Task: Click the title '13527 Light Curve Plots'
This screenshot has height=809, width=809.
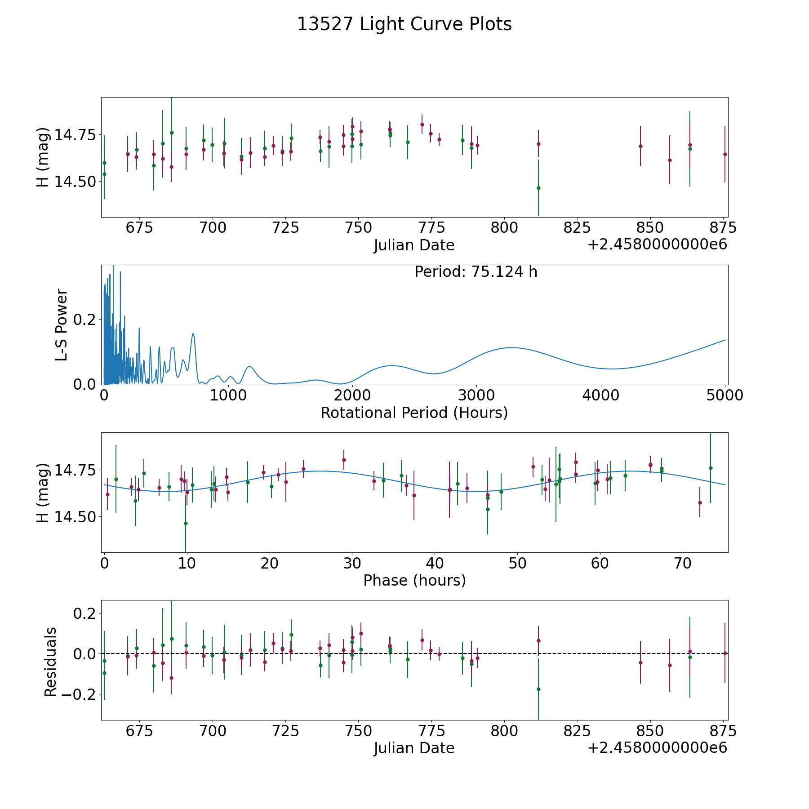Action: [x=404, y=24]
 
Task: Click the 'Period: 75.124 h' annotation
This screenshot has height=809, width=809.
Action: [x=476, y=272]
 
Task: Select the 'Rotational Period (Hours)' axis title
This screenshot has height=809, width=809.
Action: [x=414, y=413]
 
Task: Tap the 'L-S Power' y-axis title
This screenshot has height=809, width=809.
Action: [x=62, y=324]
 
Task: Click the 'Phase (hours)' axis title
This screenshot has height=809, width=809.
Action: [x=414, y=581]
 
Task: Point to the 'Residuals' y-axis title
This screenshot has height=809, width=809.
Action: [x=50, y=662]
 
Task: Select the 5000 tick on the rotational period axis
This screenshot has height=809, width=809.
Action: [x=725, y=395]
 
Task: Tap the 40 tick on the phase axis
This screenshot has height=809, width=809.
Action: [x=435, y=563]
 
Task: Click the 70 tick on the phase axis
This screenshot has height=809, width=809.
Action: [x=683, y=563]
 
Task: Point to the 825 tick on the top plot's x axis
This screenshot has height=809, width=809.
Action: [x=577, y=228]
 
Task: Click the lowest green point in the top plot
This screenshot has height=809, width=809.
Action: [x=538, y=188]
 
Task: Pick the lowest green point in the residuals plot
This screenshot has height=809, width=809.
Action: [x=538, y=689]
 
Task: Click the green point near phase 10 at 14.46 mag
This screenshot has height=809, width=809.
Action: [x=186, y=523]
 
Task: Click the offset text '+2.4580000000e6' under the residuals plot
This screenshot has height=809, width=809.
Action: [x=657, y=748]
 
